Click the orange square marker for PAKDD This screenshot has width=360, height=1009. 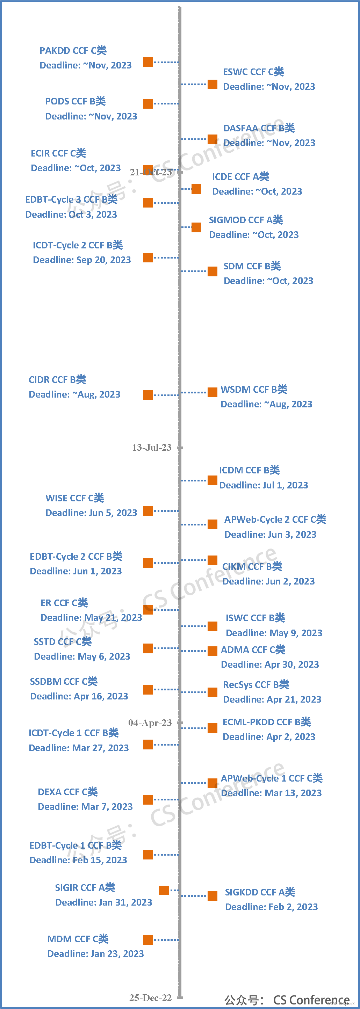[x=148, y=62]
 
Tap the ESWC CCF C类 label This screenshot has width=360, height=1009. [x=253, y=72]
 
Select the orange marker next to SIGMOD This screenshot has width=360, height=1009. [x=196, y=227]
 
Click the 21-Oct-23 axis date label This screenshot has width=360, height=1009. [x=151, y=172]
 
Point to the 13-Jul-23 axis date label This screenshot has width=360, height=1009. [x=152, y=447]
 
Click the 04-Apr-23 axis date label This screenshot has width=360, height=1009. [x=150, y=723]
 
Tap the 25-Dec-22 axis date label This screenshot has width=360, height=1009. [x=150, y=997]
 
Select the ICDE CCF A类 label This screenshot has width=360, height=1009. [x=240, y=177]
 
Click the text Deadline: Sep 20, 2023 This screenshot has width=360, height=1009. [x=82, y=260]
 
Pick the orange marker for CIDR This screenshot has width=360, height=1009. [x=148, y=395]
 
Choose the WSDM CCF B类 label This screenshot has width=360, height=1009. [x=254, y=389]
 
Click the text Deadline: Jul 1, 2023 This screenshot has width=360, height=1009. [x=264, y=485]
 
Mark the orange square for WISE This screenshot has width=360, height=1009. [x=148, y=511]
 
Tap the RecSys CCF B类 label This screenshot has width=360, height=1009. [x=256, y=685]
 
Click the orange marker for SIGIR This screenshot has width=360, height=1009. [x=164, y=890]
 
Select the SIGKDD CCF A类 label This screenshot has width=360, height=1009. [x=260, y=892]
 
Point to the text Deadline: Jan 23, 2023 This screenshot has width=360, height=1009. [x=95, y=953]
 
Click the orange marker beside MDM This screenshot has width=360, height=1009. [x=148, y=940]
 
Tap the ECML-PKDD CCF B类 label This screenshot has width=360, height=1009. [x=267, y=722]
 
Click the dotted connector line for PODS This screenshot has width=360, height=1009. [x=166, y=103]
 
